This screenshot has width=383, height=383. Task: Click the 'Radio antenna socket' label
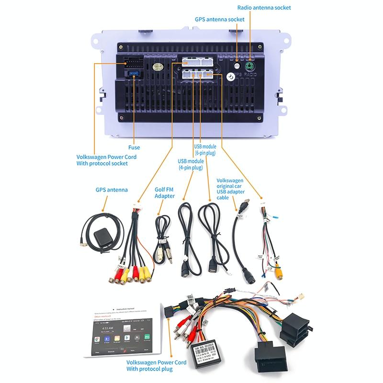pos(264,8)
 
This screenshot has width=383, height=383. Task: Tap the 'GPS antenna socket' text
pos(219,20)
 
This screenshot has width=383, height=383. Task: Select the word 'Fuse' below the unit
pos(134,147)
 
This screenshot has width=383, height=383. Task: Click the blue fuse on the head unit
pos(135,74)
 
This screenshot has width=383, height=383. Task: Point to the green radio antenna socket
pos(249,67)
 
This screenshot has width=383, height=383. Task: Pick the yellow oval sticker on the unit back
pos(156,67)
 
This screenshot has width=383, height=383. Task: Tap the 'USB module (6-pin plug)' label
pos(205,150)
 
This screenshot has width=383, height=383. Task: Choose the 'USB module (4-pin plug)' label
pos(190,164)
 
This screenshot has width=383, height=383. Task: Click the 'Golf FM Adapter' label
pos(164,192)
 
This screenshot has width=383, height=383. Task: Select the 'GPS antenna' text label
pos(111,190)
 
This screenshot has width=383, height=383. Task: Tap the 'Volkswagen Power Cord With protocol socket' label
pos(106,160)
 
